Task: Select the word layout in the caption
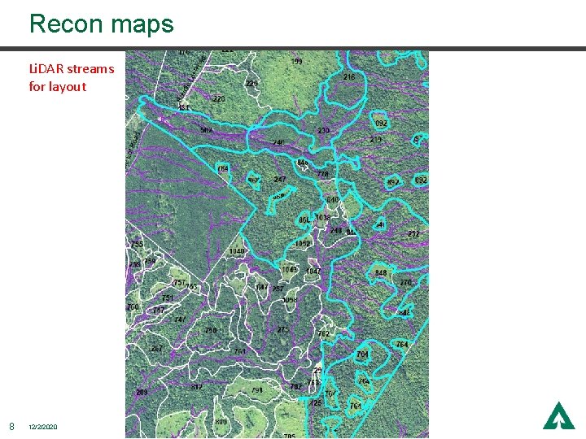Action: tap(68, 87)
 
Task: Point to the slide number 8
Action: tap(11, 426)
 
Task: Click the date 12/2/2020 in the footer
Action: tap(43, 427)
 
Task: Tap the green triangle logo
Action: tap(558, 415)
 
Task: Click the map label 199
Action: tap(297, 62)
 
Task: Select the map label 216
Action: tap(348, 77)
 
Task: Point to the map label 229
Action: tap(251, 84)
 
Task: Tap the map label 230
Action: tap(323, 131)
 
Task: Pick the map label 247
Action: tap(280, 180)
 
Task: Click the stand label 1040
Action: tap(237, 252)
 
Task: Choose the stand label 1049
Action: tap(289, 270)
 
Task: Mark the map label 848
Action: tap(380, 273)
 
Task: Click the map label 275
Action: tap(282, 330)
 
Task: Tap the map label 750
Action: tap(211, 331)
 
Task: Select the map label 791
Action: tap(257, 390)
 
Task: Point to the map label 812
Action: tap(197, 387)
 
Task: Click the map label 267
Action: tap(156, 349)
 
